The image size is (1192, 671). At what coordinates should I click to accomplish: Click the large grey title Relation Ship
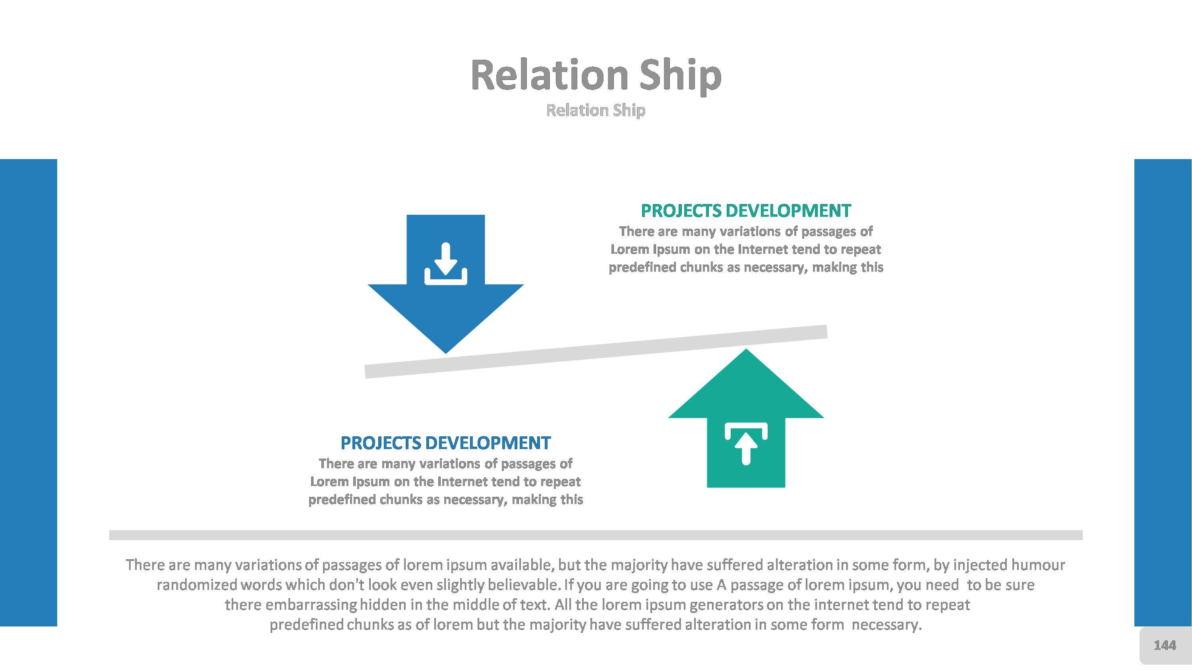[596, 76]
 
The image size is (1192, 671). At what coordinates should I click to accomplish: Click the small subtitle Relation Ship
[596, 110]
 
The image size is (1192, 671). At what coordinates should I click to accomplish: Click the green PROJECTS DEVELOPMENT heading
[745, 211]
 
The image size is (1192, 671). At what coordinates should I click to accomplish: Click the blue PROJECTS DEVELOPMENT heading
[446, 443]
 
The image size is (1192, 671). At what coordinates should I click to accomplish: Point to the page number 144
[1165, 645]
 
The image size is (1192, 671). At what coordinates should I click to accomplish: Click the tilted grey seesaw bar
[596, 352]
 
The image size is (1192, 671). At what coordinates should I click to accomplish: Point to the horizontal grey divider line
[596, 535]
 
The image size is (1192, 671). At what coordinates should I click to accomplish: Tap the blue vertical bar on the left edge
[28, 393]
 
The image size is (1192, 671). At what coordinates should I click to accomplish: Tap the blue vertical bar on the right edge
[1163, 393]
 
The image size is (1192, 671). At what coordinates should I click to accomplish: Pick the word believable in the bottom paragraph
[523, 585]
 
